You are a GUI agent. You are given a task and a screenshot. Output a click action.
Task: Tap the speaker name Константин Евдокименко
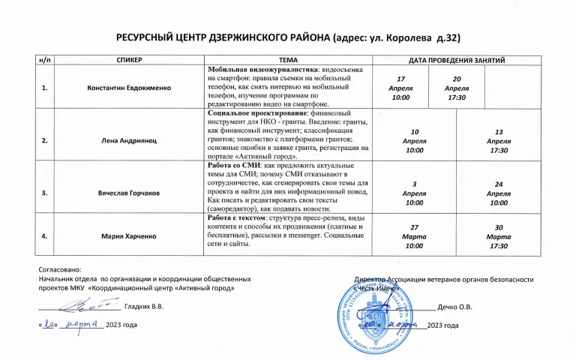click(x=129, y=88)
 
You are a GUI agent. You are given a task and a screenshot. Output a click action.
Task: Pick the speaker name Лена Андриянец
click(x=129, y=140)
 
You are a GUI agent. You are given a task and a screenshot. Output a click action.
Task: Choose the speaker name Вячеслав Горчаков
click(x=129, y=193)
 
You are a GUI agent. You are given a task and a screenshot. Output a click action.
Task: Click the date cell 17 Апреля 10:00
click(x=401, y=88)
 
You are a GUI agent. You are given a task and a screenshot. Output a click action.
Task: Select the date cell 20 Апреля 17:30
click(x=456, y=88)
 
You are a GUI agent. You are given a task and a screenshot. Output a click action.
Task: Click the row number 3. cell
click(x=45, y=193)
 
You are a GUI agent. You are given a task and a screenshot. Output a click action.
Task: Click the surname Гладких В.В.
click(x=143, y=307)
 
